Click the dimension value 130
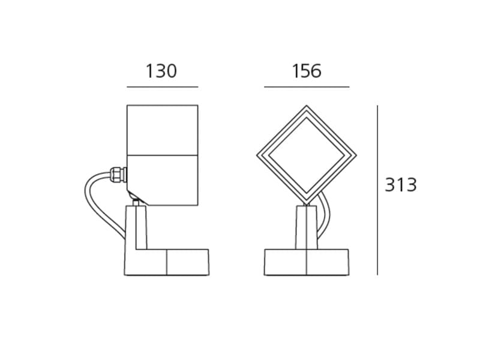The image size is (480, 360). [x=161, y=71]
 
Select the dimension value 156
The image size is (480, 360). [x=307, y=71]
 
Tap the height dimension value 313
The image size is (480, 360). [x=400, y=185]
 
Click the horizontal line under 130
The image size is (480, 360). [x=162, y=87]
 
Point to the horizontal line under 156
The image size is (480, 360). [x=307, y=87]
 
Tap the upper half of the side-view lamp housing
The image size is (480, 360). [x=162, y=130]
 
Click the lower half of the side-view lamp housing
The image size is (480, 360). [x=162, y=180]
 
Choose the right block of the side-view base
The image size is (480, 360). [x=188, y=262]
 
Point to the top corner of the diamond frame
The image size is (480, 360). [x=307, y=107]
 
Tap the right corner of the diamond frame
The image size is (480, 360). [x=355, y=155]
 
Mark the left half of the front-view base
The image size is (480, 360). [x=286, y=262]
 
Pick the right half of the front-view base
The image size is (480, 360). [x=328, y=262]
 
